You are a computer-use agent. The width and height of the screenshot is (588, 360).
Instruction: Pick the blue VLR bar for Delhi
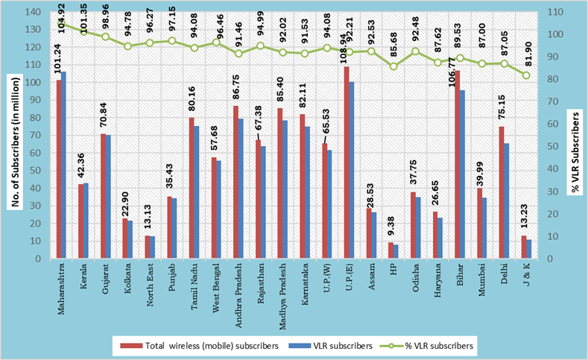pos(507,200)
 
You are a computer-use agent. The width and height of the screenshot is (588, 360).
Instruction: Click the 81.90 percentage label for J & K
pos(527,56)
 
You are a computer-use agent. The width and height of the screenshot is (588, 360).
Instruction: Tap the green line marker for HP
pos(393,66)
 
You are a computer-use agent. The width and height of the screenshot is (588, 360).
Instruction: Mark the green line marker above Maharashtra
pos(61,24)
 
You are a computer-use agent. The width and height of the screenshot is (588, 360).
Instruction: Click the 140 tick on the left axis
pos(33,12)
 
